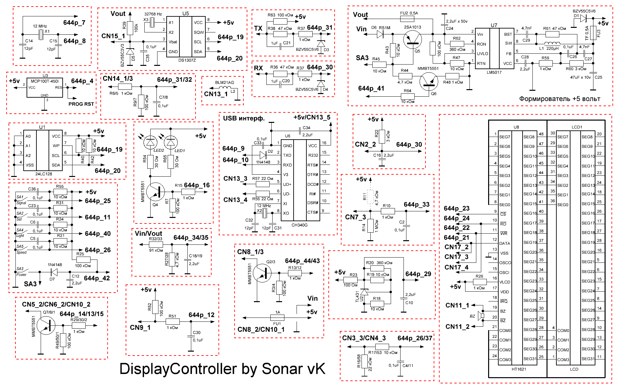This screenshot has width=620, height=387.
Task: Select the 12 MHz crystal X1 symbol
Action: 40,34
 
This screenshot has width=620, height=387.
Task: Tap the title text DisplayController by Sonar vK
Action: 222,369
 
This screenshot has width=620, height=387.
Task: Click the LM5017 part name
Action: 494,72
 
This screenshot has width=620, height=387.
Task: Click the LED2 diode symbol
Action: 151,142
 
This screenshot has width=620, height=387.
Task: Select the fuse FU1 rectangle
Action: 278,318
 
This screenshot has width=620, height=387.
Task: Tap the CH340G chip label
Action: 299,225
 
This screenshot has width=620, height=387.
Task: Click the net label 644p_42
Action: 97,278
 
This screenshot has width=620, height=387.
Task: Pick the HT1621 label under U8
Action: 519,369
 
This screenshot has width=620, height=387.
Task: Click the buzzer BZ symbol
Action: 481,316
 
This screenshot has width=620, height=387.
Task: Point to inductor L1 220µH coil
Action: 552,44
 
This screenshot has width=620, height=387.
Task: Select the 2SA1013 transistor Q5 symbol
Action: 413,40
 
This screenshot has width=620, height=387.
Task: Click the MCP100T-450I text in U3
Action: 45,81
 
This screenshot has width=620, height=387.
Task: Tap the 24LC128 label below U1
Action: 44,174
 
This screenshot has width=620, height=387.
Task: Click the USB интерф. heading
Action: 243,118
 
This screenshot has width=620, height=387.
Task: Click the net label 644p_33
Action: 416,204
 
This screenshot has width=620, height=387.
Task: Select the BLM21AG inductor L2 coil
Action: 224,88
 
